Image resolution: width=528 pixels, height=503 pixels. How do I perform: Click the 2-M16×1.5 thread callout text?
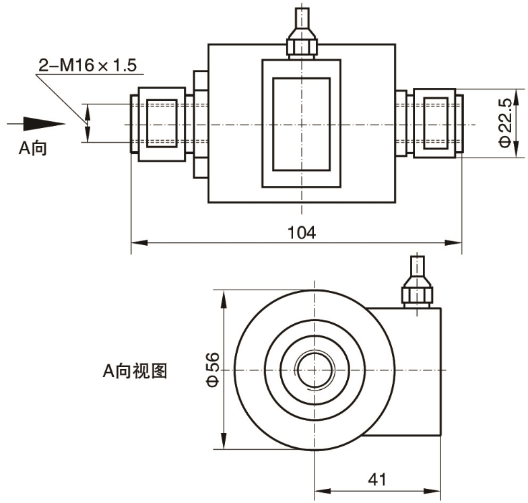coord(88,65)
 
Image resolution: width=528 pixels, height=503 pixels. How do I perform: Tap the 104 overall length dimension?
coord(302,233)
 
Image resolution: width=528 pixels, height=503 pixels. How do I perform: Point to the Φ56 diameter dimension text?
coord(213,369)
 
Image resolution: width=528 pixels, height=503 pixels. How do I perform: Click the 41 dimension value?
coord(377,479)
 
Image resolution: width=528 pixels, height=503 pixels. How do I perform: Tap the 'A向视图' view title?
coord(135,370)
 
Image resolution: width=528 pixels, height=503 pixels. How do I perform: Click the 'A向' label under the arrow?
coord(32,148)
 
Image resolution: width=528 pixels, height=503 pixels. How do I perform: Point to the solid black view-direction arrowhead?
coord(44,124)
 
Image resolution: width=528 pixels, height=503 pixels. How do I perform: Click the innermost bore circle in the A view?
coord(315,370)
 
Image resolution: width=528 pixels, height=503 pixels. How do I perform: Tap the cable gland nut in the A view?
coord(418,292)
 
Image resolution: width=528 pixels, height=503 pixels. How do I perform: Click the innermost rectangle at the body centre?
coord(302,124)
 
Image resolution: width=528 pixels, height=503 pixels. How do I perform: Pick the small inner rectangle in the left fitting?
coord(162,124)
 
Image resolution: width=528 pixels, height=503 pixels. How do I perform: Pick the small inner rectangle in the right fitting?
coord(436,123)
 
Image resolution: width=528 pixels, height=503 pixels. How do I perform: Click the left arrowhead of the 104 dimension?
coord(139,242)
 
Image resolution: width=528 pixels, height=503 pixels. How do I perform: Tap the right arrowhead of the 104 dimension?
coord(453,242)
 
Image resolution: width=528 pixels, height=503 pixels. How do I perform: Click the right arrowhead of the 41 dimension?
coord(432,492)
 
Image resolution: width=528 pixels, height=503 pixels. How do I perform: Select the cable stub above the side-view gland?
coord(302,19)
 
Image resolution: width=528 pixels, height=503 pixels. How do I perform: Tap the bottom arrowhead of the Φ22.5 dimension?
coord(516,149)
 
